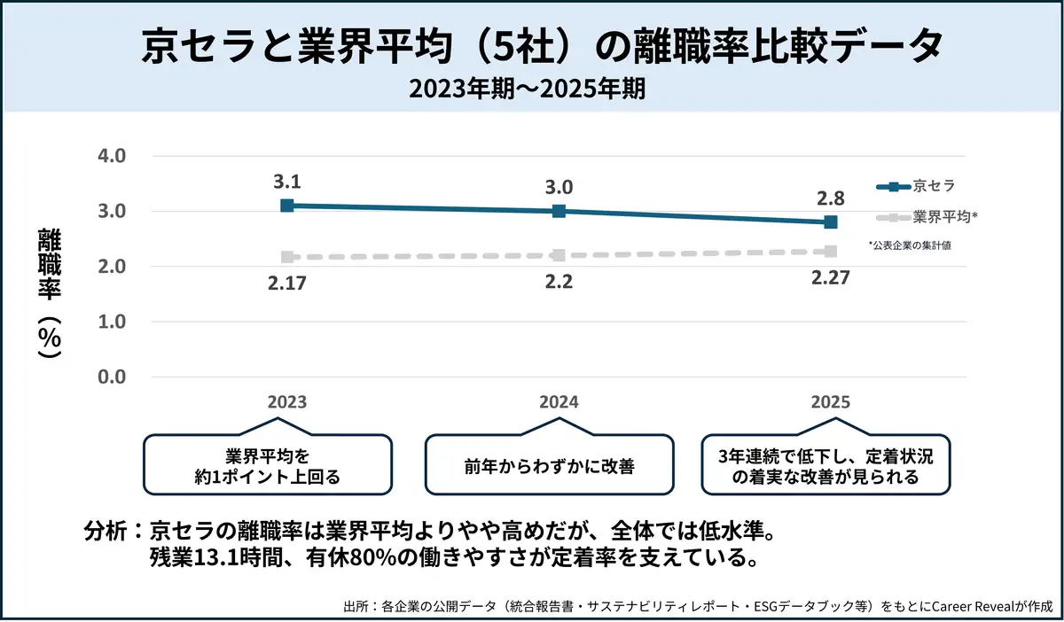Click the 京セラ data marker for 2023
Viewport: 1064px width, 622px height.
tap(286, 206)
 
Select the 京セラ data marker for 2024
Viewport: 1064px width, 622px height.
tap(559, 211)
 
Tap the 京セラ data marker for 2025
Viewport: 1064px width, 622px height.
tap(830, 222)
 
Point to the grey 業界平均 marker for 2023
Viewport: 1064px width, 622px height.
tap(286, 257)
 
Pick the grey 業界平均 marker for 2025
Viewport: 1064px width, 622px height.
tap(830, 252)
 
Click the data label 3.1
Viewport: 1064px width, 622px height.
tap(286, 183)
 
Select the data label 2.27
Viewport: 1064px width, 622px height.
tap(830, 277)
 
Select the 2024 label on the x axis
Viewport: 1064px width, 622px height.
tap(559, 401)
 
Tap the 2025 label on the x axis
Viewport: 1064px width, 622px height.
tap(830, 401)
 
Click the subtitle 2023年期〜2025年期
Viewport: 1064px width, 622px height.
tap(532, 89)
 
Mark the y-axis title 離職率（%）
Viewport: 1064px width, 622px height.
tap(50, 292)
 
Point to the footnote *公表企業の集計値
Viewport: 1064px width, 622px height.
tap(910, 245)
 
